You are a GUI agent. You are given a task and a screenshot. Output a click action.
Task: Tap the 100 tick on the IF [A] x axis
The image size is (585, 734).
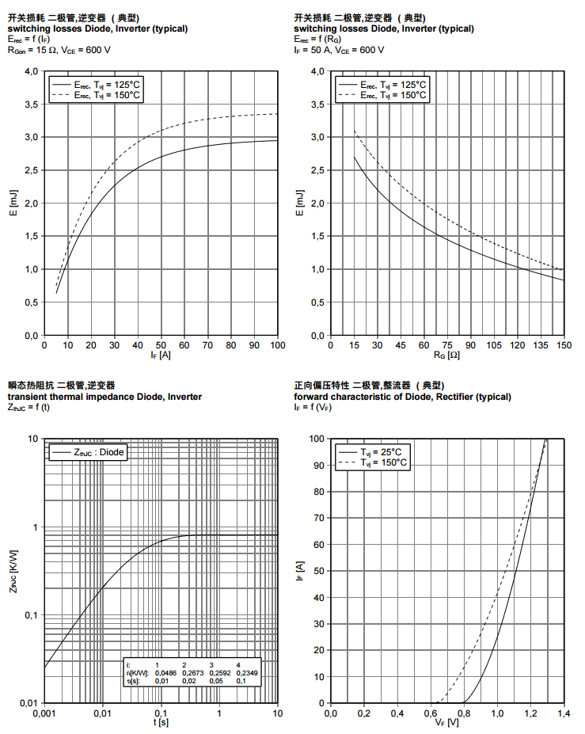278,345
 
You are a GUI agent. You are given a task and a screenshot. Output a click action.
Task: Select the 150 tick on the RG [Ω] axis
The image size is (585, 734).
564,345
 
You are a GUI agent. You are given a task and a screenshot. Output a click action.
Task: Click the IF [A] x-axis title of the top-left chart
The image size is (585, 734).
161,355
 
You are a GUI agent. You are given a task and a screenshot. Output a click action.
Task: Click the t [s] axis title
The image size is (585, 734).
161,722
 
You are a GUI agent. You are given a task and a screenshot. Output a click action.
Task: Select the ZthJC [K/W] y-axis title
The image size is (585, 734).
13,571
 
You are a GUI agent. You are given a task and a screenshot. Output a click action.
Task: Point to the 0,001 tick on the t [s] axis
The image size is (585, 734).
44,713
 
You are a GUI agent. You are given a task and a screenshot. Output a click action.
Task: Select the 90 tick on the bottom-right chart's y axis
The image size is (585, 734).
318,465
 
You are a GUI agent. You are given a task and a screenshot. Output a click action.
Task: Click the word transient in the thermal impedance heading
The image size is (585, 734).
26,397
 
